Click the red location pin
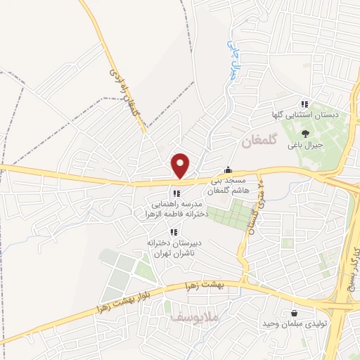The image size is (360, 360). coord(181,165)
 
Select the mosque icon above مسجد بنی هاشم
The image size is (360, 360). coord(228,170)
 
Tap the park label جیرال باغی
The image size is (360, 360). coord(308,146)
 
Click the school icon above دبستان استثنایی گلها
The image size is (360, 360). coord(304,103)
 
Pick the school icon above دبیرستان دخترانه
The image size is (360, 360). coord(173,233)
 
